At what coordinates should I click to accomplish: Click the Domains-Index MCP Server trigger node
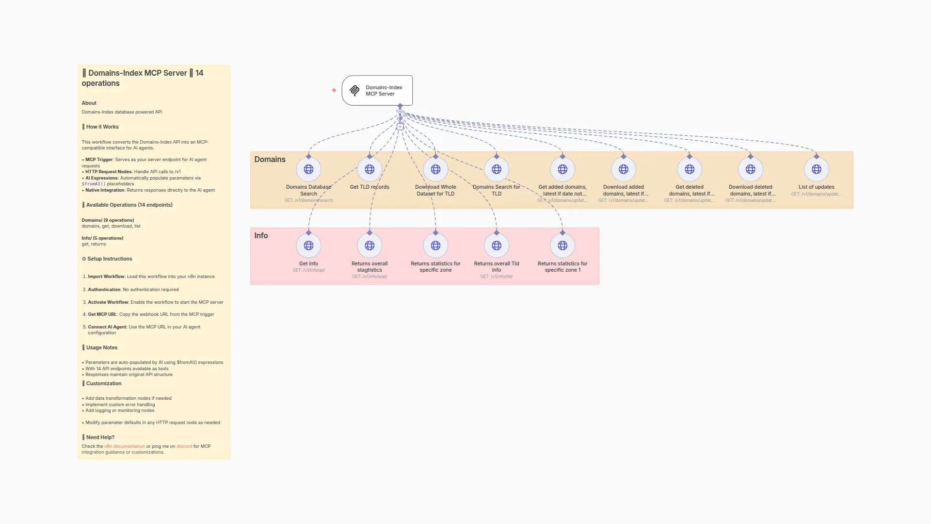pos(377,90)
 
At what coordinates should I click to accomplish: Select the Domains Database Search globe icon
pos(308,169)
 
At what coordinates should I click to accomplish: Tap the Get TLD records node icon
pos(369,169)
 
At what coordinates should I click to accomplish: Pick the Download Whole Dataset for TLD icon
pos(435,169)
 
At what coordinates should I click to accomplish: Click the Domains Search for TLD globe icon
pos(497,169)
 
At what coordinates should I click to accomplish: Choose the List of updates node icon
pos(817,169)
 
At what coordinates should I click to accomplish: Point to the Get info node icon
pos(308,246)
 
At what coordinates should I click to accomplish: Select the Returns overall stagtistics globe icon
pos(369,246)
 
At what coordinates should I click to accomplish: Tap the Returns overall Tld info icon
pos(497,246)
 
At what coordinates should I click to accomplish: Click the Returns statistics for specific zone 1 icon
pos(562,246)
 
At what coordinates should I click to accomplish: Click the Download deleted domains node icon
pos(751,169)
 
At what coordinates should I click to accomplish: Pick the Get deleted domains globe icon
pos(690,169)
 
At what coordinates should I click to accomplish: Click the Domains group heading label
pos(270,159)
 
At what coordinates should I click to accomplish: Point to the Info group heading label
pos(261,235)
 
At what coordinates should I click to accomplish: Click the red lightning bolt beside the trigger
pos(334,90)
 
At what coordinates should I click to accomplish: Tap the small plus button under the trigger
pos(400,127)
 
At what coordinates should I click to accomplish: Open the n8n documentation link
pos(124,446)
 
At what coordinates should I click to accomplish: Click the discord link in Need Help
pos(184,446)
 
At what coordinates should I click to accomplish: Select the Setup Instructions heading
pos(109,259)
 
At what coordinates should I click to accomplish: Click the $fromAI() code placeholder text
pos(94,184)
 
